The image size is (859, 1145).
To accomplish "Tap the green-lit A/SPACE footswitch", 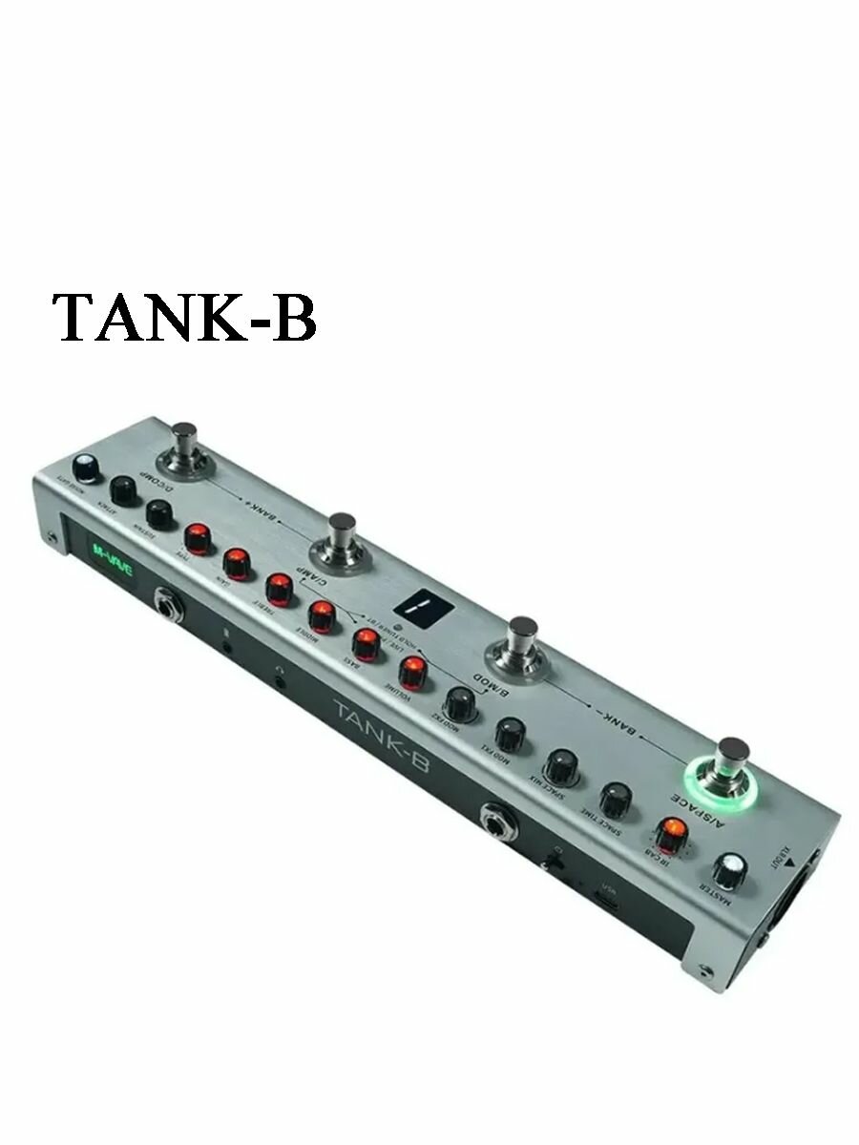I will (x=730, y=771).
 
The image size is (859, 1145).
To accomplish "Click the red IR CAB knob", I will (x=671, y=832).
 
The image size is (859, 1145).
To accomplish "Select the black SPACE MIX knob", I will (x=561, y=765).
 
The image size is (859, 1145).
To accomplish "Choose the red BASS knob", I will (x=366, y=642).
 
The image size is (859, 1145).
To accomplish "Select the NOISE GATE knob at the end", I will (x=85, y=468).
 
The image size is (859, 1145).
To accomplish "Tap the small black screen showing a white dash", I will (x=415, y=603).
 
